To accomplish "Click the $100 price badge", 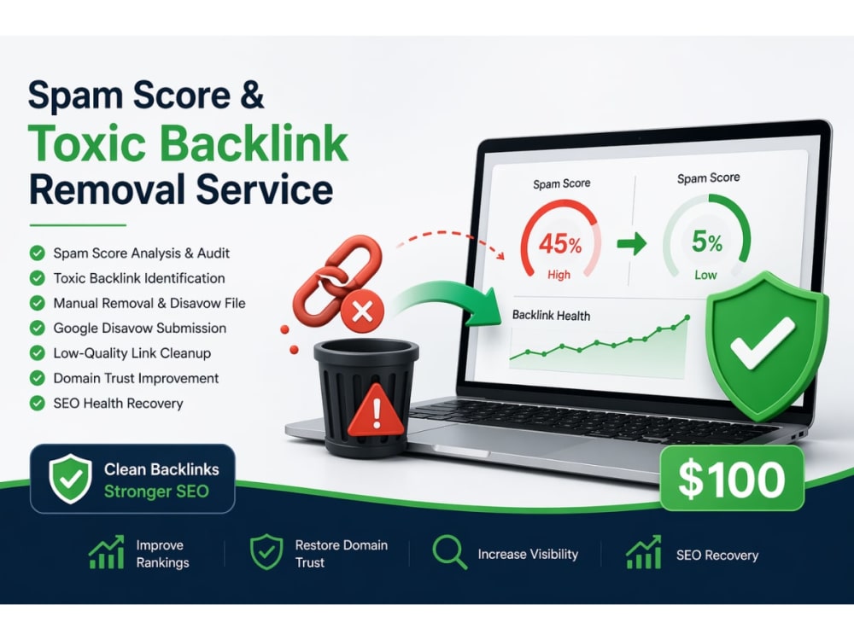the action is tap(732, 479).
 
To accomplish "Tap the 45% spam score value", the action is tap(560, 242).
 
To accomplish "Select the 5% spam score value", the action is tap(707, 241).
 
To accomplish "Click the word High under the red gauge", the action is tap(559, 275).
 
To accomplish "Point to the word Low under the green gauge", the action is tap(705, 275).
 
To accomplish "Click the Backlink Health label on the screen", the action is tap(551, 316).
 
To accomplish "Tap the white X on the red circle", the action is tap(362, 311).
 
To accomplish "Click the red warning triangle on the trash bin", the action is tap(376, 410).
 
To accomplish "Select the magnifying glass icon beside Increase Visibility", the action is tap(449, 552).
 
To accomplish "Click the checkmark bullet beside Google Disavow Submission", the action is tap(37, 329).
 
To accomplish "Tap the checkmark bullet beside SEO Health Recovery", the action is tap(37, 404).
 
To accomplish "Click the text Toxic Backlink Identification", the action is tap(139, 278).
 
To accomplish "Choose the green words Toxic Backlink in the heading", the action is tap(188, 143).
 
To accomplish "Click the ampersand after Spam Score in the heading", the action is tap(252, 96).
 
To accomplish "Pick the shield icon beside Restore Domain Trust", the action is tap(266, 552).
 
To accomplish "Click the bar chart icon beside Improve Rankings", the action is tap(107, 552).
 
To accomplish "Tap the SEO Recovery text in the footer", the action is tap(717, 556).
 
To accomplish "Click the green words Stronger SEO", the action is tap(156, 492).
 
